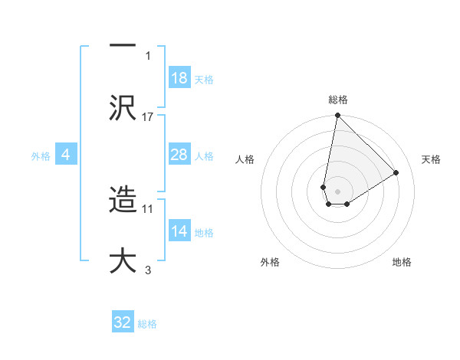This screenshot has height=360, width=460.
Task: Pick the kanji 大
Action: click(x=123, y=259)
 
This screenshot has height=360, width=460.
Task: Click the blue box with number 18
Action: click(x=179, y=78)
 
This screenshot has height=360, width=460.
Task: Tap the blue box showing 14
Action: click(x=179, y=231)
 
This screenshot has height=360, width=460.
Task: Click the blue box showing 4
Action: click(x=65, y=155)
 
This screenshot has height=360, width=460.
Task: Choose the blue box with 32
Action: click(x=123, y=322)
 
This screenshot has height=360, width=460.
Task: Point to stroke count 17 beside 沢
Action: click(x=148, y=116)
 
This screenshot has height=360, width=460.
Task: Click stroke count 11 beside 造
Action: click(x=148, y=208)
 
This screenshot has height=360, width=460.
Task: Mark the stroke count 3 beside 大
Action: click(x=148, y=270)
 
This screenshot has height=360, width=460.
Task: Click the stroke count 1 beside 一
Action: click(x=148, y=55)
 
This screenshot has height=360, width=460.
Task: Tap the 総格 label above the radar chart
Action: click(x=338, y=100)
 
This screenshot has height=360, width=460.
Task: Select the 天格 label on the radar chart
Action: click(x=431, y=159)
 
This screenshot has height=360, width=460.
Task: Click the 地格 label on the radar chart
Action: click(x=402, y=262)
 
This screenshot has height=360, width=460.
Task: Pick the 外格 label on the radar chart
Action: click(x=270, y=262)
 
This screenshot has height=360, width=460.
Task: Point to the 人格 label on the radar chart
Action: click(x=245, y=159)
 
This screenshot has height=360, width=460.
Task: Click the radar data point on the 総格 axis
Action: click(x=337, y=116)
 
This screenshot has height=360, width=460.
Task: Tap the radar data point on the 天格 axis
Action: click(x=396, y=173)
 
